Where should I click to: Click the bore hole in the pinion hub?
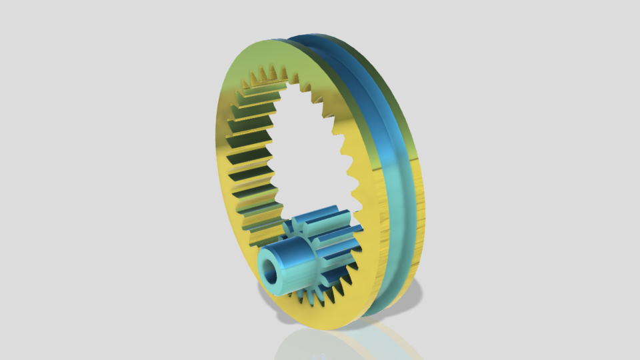[271, 271]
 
